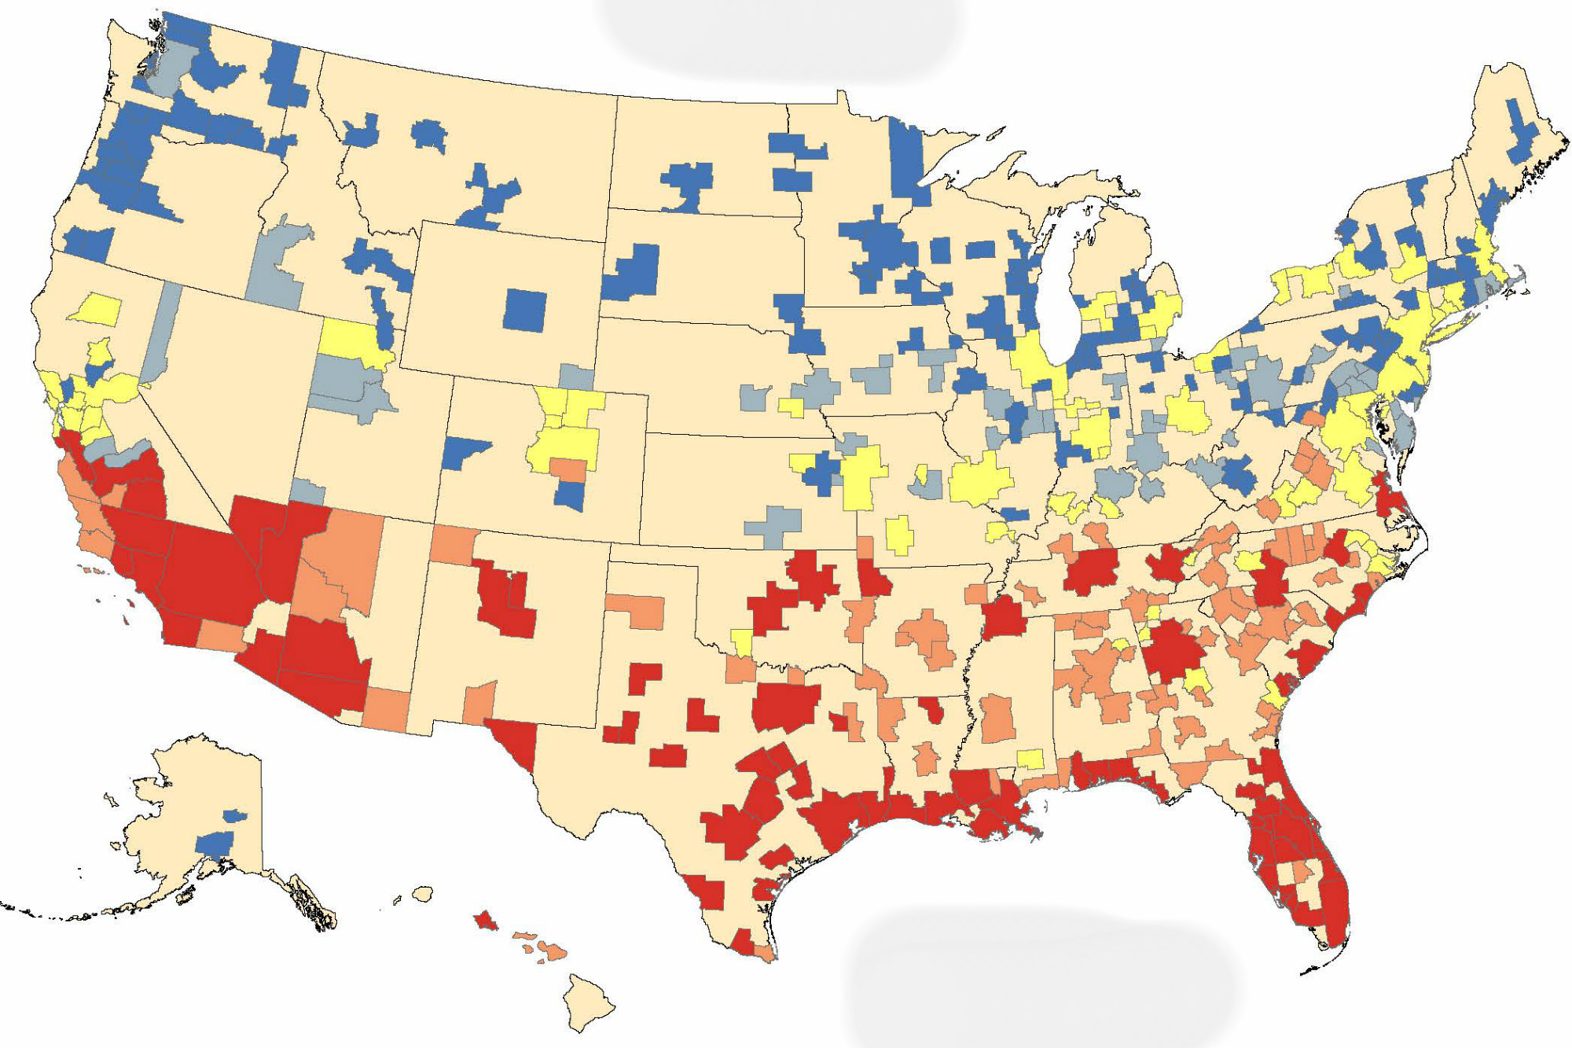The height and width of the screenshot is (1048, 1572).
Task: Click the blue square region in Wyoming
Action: point(525,310)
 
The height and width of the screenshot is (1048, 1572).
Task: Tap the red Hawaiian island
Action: point(486,920)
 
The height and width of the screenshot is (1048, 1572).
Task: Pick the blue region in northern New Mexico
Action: point(570,496)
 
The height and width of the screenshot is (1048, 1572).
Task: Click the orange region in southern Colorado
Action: point(567,469)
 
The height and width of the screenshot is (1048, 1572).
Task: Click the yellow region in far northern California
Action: point(96,309)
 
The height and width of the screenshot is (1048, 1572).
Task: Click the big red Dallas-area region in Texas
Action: point(786,707)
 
